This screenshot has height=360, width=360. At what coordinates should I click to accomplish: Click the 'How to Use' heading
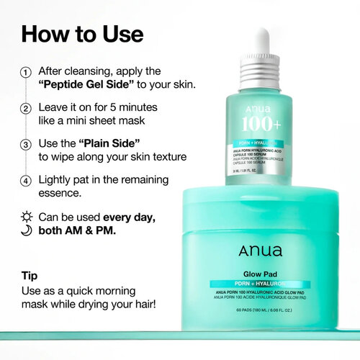point(82,34)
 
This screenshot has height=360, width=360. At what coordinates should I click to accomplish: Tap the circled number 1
point(27,73)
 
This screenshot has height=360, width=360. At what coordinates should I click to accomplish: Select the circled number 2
point(27,107)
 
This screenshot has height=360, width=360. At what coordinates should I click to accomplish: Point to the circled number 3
point(27,143)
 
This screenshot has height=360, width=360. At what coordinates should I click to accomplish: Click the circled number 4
point(27,180)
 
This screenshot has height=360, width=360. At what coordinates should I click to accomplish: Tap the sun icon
point(27,217)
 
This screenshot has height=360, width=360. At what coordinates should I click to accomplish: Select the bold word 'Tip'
point(30,276)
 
